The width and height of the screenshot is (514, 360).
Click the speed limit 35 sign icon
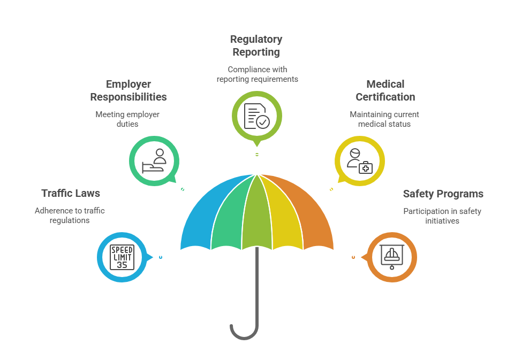coord(122,257)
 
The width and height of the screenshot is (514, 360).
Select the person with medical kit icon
coord(359,160)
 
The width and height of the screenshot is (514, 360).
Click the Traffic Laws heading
coord(71,193)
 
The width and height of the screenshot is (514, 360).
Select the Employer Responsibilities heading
coord(128,90)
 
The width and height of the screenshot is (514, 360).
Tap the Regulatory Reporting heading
coord(256,45)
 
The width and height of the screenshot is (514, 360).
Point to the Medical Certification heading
coord(385,90)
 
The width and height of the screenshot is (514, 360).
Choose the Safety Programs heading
coord(443,194)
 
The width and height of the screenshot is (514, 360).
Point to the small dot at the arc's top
coord(257,155)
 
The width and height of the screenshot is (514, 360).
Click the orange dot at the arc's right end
coord(353,257)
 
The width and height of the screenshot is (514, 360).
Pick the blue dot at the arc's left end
coord(161,257)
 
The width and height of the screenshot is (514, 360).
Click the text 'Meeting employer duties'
coord(127,119)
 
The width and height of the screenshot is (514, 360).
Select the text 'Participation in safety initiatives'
coord(442,216)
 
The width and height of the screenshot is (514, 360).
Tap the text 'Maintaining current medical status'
coord(384,119)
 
